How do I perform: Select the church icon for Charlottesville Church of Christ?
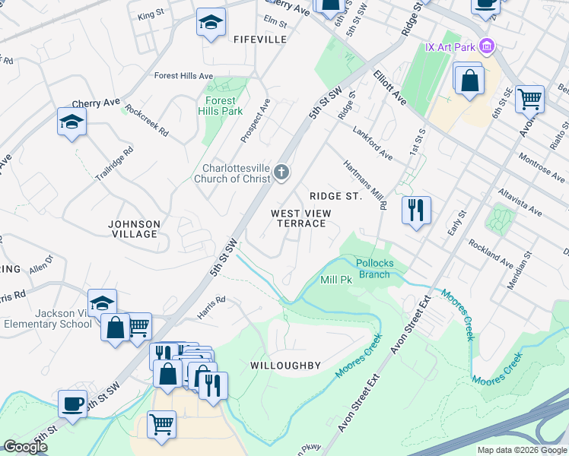[281, 173]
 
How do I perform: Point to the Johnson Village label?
[134, 229]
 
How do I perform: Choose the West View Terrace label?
[298, 218]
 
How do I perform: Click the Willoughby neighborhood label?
[285, 366]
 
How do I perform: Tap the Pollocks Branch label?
[376, 268]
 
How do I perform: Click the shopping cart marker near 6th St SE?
[529, 99]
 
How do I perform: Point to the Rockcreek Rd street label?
[148, 120]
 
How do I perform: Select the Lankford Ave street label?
[373, 143]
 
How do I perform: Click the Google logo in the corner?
[25, 447]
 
